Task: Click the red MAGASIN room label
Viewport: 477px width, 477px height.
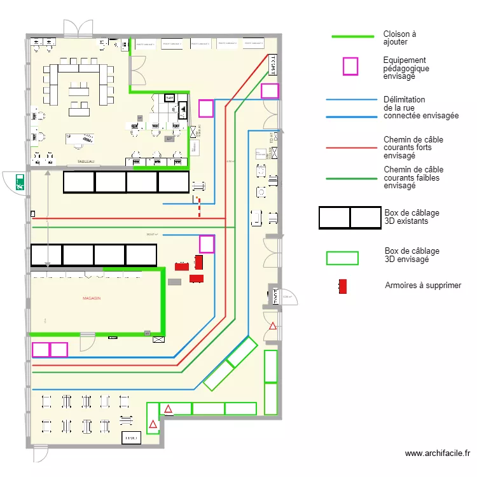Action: pyautogui.click(x=92, y=298)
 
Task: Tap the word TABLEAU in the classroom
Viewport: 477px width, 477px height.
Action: pyautogui.click(x=86, y=162)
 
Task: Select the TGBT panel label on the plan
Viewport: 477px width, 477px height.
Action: pyautogui.click(x=273, y=63)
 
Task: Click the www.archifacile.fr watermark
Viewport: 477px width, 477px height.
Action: pyautogui.click(x=438, y=453)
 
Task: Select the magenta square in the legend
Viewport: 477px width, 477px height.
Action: pyautogui.click(x=350, y=66)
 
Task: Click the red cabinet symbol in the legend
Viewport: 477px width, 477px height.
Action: pyautogui.click(x=343, y=286)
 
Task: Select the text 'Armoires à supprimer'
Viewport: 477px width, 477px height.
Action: pyautogui.click(x=423, y=286)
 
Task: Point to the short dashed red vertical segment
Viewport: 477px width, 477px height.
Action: pyautogui.click(x=199, y=208)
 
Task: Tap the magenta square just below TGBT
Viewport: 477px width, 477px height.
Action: pyautogui.click(x=270, y=91)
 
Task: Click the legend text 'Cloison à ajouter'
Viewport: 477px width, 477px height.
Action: pyautogui.click(x=399, y=38)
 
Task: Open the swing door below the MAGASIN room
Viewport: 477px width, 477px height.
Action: pyautogui.click(x=86, y=343)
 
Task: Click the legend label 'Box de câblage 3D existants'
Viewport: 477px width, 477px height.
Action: pyautogui.click(x=411, y=217)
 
